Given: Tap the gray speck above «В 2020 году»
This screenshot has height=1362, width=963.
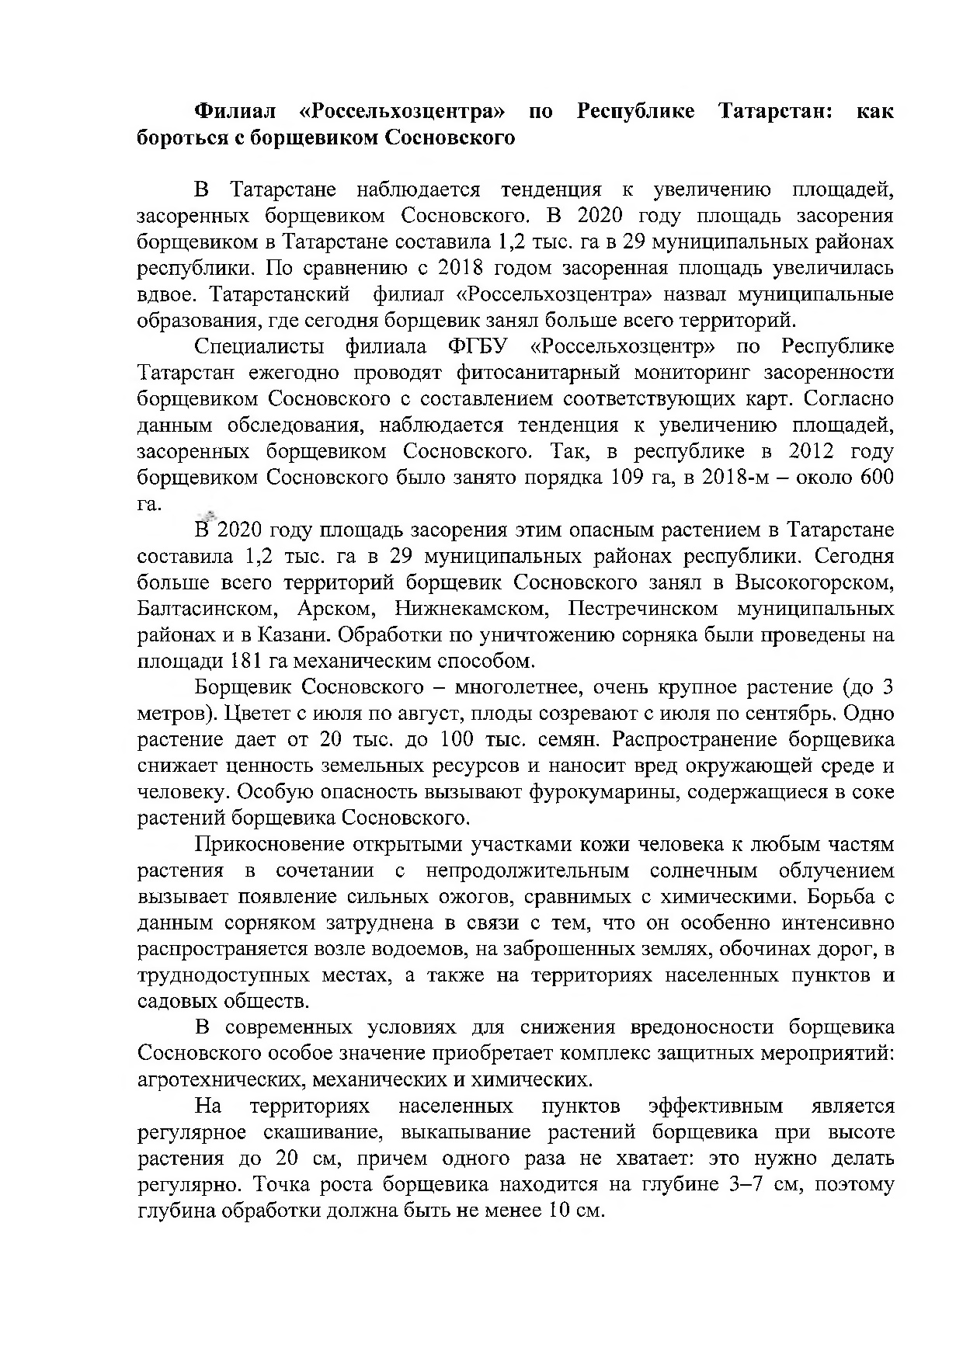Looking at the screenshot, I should tap(207, 513).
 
